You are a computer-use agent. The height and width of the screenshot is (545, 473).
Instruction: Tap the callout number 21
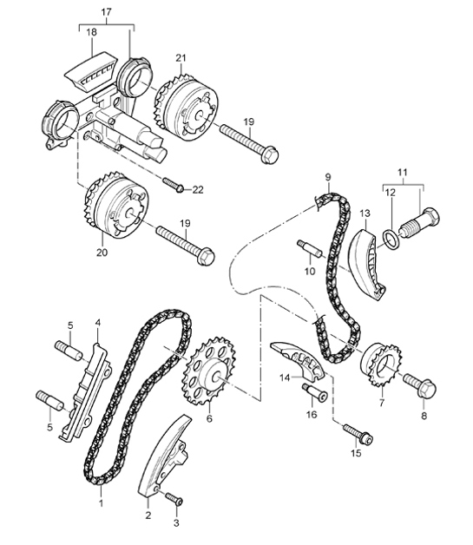point(181,57)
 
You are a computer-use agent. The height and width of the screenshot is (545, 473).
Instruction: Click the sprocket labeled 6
point(208,376)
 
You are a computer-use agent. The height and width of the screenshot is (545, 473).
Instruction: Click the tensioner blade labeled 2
point(164,459)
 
